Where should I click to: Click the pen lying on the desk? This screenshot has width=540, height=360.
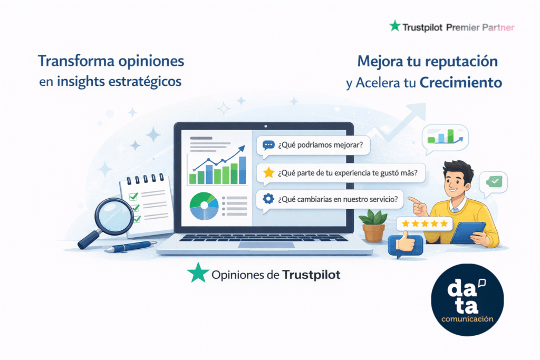pos(130,246)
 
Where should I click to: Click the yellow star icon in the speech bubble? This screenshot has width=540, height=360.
pos(269,172)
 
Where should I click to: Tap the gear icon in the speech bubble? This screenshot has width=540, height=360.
pos(268,199)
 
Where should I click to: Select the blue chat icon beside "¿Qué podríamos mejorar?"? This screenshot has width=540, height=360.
pos(268,145)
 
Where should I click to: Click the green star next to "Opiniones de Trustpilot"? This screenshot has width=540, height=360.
pos(197,273)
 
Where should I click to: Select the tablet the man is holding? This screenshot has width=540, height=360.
pos(468,232)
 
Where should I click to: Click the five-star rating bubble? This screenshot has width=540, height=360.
pos(425,224)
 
